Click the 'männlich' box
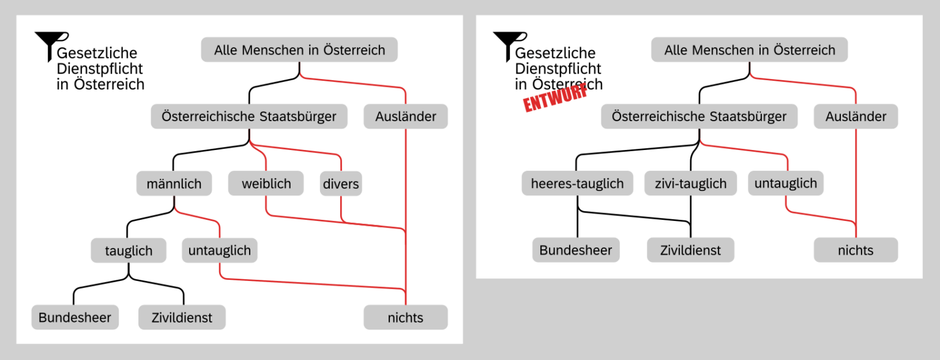point(174,183)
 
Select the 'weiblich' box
point(266,183)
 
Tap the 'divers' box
point(340,183)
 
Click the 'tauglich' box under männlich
point(128,250)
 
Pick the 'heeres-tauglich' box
point(577,183)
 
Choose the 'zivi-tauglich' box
point(690,183)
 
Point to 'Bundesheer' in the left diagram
point(75,318)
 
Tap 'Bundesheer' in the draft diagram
point(576,250)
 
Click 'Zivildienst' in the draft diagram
point(690,250)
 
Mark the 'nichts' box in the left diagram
point(406,318)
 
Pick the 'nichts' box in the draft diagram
point(856,250)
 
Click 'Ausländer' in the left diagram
point(406,116)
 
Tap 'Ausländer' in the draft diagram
point(856,116)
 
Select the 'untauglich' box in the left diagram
point(220,250)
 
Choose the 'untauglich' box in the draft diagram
point(786,183)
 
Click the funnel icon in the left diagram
point(48,44)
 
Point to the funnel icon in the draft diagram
point(507,44)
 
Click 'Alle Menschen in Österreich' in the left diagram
point(299,50)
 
